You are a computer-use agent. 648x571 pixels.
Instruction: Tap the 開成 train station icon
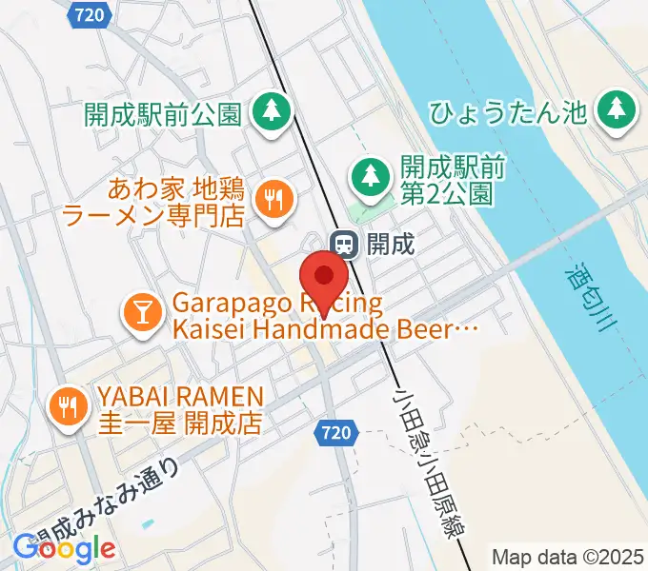point(344,244)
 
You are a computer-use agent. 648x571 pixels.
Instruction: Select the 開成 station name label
point(391,244)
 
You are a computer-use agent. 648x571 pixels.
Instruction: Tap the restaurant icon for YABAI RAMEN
point(66,406)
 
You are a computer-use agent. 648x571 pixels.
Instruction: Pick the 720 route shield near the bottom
point(334,433)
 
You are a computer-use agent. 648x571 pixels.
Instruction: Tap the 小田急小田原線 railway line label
point(423,457)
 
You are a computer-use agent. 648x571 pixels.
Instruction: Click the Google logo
point(66,548)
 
